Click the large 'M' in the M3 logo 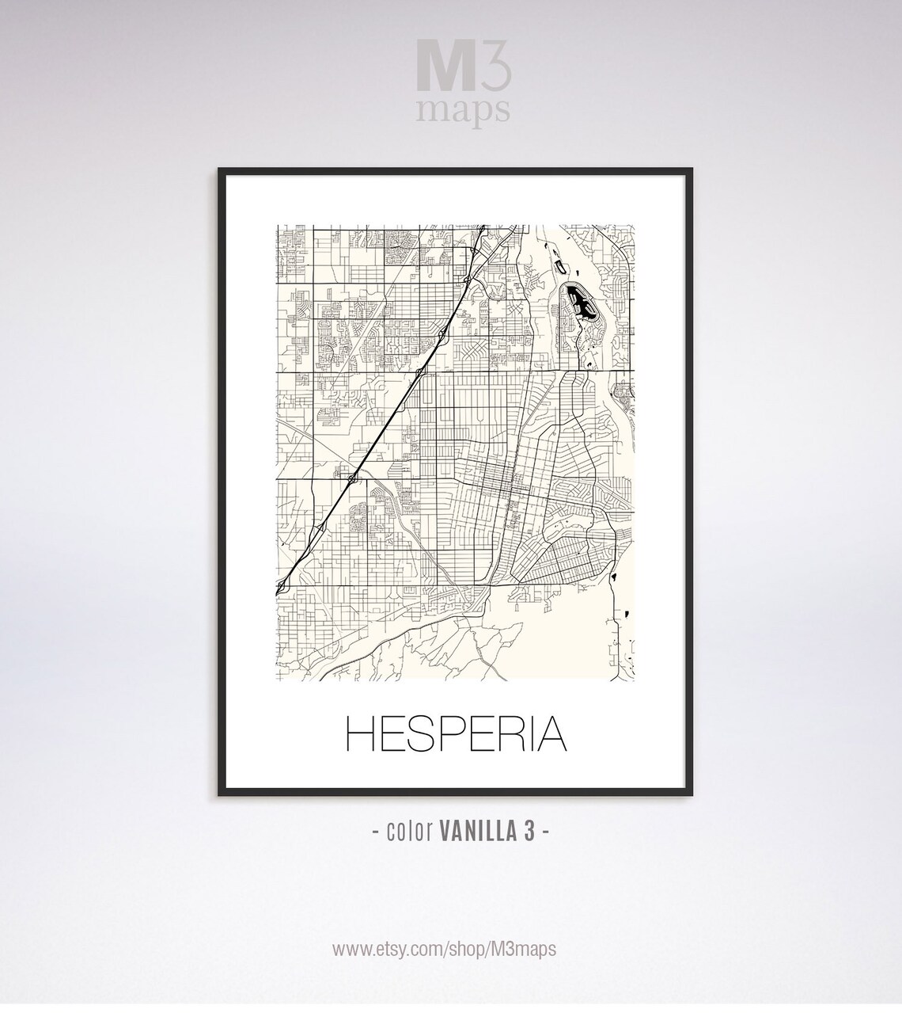[x=441, y=74]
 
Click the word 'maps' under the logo [x=463, y=112]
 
